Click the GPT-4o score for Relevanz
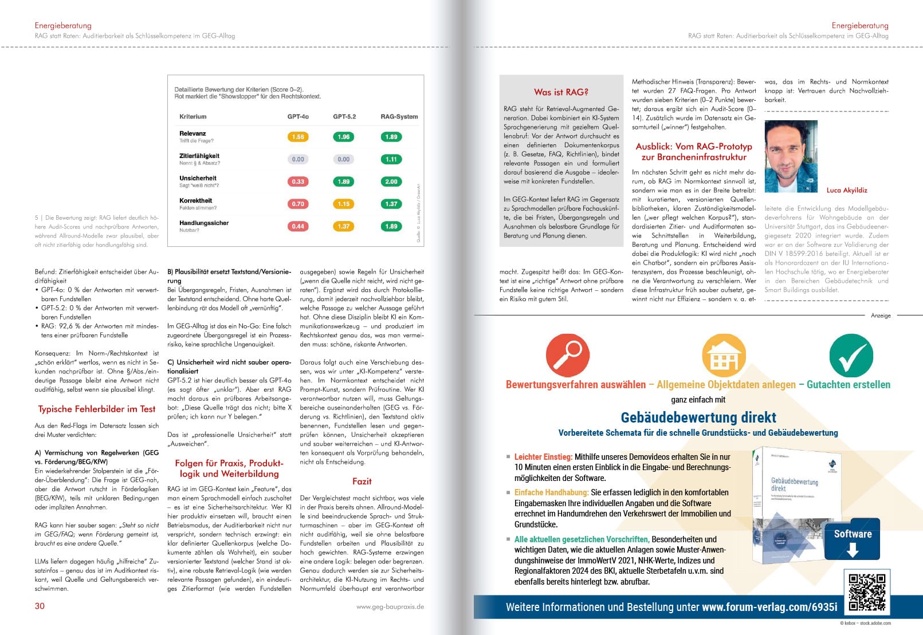298,137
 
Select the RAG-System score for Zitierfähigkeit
391,159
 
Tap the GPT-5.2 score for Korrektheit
344,204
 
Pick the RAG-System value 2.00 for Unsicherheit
391,182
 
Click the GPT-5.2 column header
344,117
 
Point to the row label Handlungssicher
204,223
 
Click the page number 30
40,606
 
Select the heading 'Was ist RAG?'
561,92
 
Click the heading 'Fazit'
362,482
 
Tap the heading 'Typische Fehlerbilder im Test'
97,409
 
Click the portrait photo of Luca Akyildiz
791,156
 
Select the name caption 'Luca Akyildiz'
847,190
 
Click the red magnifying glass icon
567,354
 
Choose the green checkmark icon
851,355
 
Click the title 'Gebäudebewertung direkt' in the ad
698,417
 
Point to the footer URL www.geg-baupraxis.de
390,606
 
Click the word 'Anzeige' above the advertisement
881,315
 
